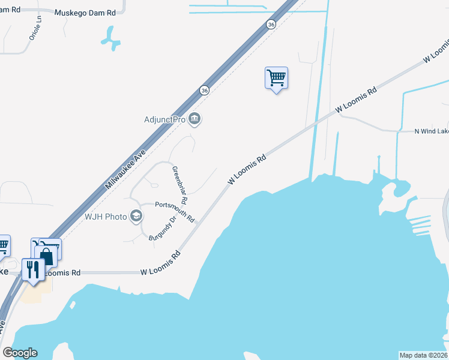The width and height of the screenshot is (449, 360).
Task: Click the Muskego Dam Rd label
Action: pos(85,13)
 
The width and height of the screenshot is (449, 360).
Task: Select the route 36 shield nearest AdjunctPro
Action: pos(205,90)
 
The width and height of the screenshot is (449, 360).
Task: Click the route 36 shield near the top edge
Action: pos(271,25)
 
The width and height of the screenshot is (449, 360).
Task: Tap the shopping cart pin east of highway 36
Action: pos(276,78)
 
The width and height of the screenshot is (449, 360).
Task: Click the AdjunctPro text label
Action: pos(164,119)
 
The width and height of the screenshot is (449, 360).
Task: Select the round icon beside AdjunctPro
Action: pos(194,119)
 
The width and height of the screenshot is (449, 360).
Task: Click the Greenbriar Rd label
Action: pos(180,184)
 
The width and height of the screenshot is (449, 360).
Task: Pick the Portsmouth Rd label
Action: pos(175,212)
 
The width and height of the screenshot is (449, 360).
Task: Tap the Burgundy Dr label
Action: pos(162,229)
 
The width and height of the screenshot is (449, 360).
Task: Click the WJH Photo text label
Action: pos(106,217)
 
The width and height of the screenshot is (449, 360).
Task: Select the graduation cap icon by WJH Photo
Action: pos(136,216)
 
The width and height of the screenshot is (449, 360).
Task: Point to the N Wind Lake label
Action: pos(432,131)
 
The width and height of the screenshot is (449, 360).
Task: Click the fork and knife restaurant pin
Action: pos(32,268)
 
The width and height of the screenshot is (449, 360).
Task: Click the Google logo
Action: pos(20,353)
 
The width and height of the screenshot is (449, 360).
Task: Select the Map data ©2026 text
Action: pos(423,355)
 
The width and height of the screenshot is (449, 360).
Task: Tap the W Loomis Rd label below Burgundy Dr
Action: pos(161,264)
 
